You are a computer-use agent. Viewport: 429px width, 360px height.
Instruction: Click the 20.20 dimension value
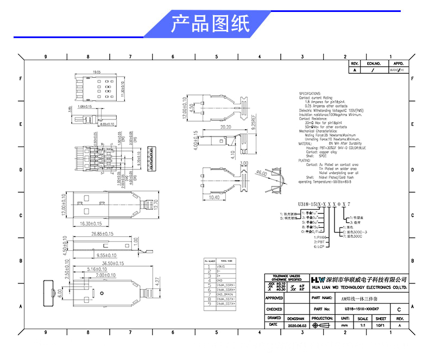[x=226, y=128]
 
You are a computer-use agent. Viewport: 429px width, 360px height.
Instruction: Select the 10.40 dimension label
[x=213, y=198]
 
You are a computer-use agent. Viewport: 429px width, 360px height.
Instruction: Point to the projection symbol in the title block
[x=323, y=325]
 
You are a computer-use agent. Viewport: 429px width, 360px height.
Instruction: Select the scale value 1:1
[x=363, y=325]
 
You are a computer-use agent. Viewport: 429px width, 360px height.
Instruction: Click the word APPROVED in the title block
[x=274, y=298]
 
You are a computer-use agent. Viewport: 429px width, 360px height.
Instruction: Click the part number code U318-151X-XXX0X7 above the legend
[x=324, y=203]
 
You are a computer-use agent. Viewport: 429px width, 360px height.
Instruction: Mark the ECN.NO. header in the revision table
[x=374, y=63]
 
